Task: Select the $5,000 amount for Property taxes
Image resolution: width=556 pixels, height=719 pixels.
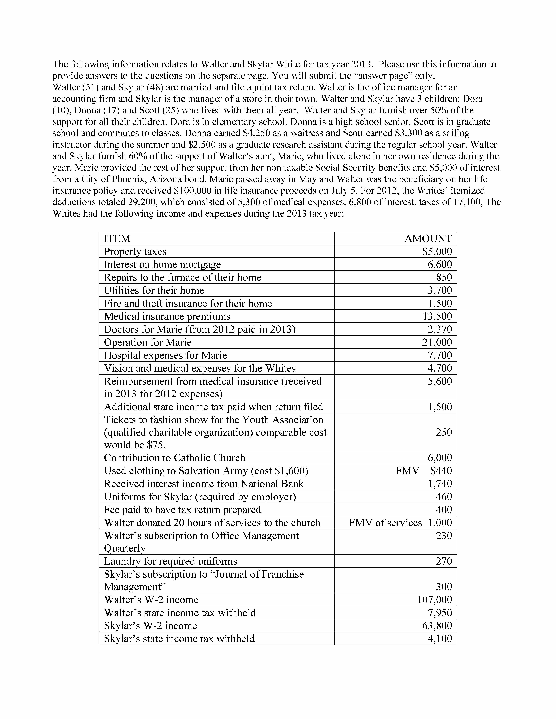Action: (437, 252)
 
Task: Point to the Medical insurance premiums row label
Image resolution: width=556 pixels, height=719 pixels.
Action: (167, 316)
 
